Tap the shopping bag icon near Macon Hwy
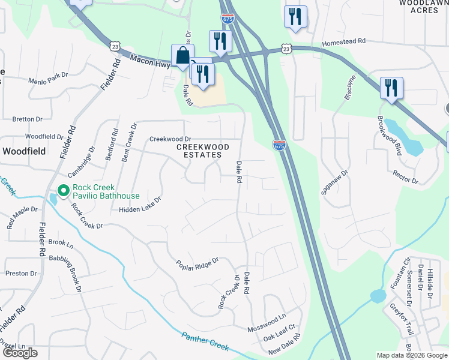tap(182, 56)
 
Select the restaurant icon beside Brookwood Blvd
tap(391, 88)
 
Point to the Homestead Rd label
tap(343, 42)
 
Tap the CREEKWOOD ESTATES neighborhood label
tap(203, 151)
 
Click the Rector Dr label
tap(406, 176)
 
